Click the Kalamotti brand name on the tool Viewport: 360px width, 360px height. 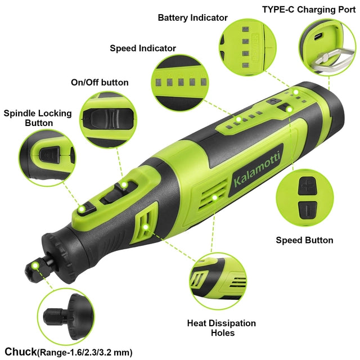click(x=257, y=169)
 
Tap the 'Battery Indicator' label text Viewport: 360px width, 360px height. click(x=192, y=18)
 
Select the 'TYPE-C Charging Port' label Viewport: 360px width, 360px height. click(x=309, y=10)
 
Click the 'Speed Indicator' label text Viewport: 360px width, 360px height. click(x=143, y=48)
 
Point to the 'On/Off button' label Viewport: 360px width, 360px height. click(x=100, y=82)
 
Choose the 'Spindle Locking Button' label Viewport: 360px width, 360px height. click(x=38, y=118)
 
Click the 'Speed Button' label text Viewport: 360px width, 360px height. click(x=304, y=240)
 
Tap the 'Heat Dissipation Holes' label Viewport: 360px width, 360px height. click(x=222, y=328)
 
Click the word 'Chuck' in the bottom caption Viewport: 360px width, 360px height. click(x=21, y=352)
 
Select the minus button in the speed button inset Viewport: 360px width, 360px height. click(x=308, y=210)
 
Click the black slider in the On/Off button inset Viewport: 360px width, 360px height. click(x=108, y=119)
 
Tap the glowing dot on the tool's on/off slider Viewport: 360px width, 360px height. click(x=124, y=185)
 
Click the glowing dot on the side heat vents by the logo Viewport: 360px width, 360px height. click(x=215, y=197)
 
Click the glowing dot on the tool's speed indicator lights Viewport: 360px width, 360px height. click(x=238, y=119)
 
